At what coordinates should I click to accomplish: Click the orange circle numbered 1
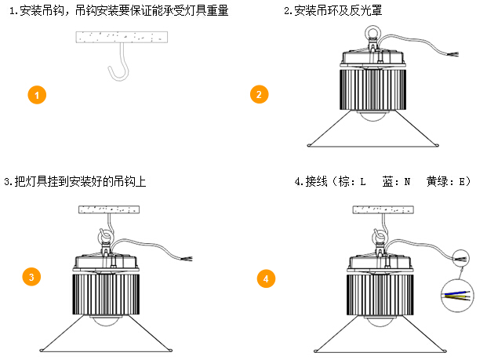(38, 96)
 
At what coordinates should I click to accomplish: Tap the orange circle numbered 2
(258, 95)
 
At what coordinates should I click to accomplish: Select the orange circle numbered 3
(31, 276)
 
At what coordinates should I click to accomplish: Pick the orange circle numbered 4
(267, 278)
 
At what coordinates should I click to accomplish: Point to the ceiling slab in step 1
(122, 37)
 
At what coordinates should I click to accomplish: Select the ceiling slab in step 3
(109, 209)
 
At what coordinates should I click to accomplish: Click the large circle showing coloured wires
(457, 296)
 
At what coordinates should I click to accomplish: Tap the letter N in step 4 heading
(408, 182)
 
